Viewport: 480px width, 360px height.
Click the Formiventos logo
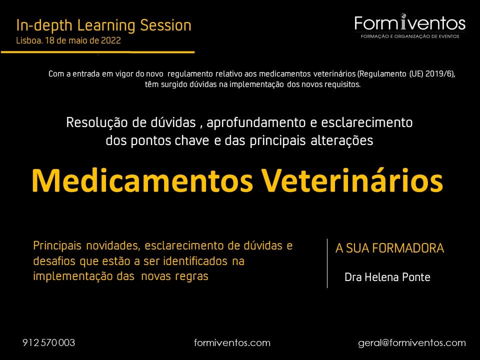tap(410, 26)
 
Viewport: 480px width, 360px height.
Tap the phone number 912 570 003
tap(48, 342)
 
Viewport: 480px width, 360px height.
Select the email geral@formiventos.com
tap(412, 343)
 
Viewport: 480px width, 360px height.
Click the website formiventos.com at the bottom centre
tap(232, 343)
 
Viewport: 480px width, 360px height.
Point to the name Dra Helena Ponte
tap(387, 277)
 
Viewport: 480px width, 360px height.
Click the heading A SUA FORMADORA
tap(389, 248)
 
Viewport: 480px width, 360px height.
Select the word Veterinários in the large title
tap(351, 180)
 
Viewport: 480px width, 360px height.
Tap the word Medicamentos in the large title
tap(142, 180)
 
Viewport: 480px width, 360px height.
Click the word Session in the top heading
tap(165, 25)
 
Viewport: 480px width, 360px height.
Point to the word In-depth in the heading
tap(44, 25)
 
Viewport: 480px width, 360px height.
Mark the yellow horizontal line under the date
tap(97, 52)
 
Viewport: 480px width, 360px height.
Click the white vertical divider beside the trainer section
tap(327, 263)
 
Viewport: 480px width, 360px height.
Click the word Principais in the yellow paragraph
tap(57, 245)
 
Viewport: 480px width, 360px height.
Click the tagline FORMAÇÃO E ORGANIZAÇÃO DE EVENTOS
tap(410, 36)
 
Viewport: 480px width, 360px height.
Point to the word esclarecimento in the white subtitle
tap(366, 122)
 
